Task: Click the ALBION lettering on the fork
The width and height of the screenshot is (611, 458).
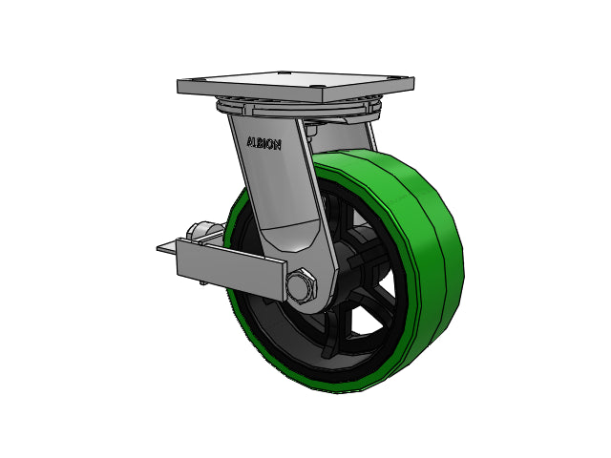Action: coord(263,143)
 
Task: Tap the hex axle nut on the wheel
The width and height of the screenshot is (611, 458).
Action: coord(301,284)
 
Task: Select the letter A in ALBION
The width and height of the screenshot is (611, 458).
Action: coord(250,142)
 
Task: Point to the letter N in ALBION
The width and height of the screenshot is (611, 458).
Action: coord(278,145)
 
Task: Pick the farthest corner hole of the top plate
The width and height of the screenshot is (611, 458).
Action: coord(283,73)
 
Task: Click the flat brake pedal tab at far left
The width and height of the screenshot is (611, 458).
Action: coord(167,248)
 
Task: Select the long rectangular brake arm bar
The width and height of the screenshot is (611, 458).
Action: coord(231,268)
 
